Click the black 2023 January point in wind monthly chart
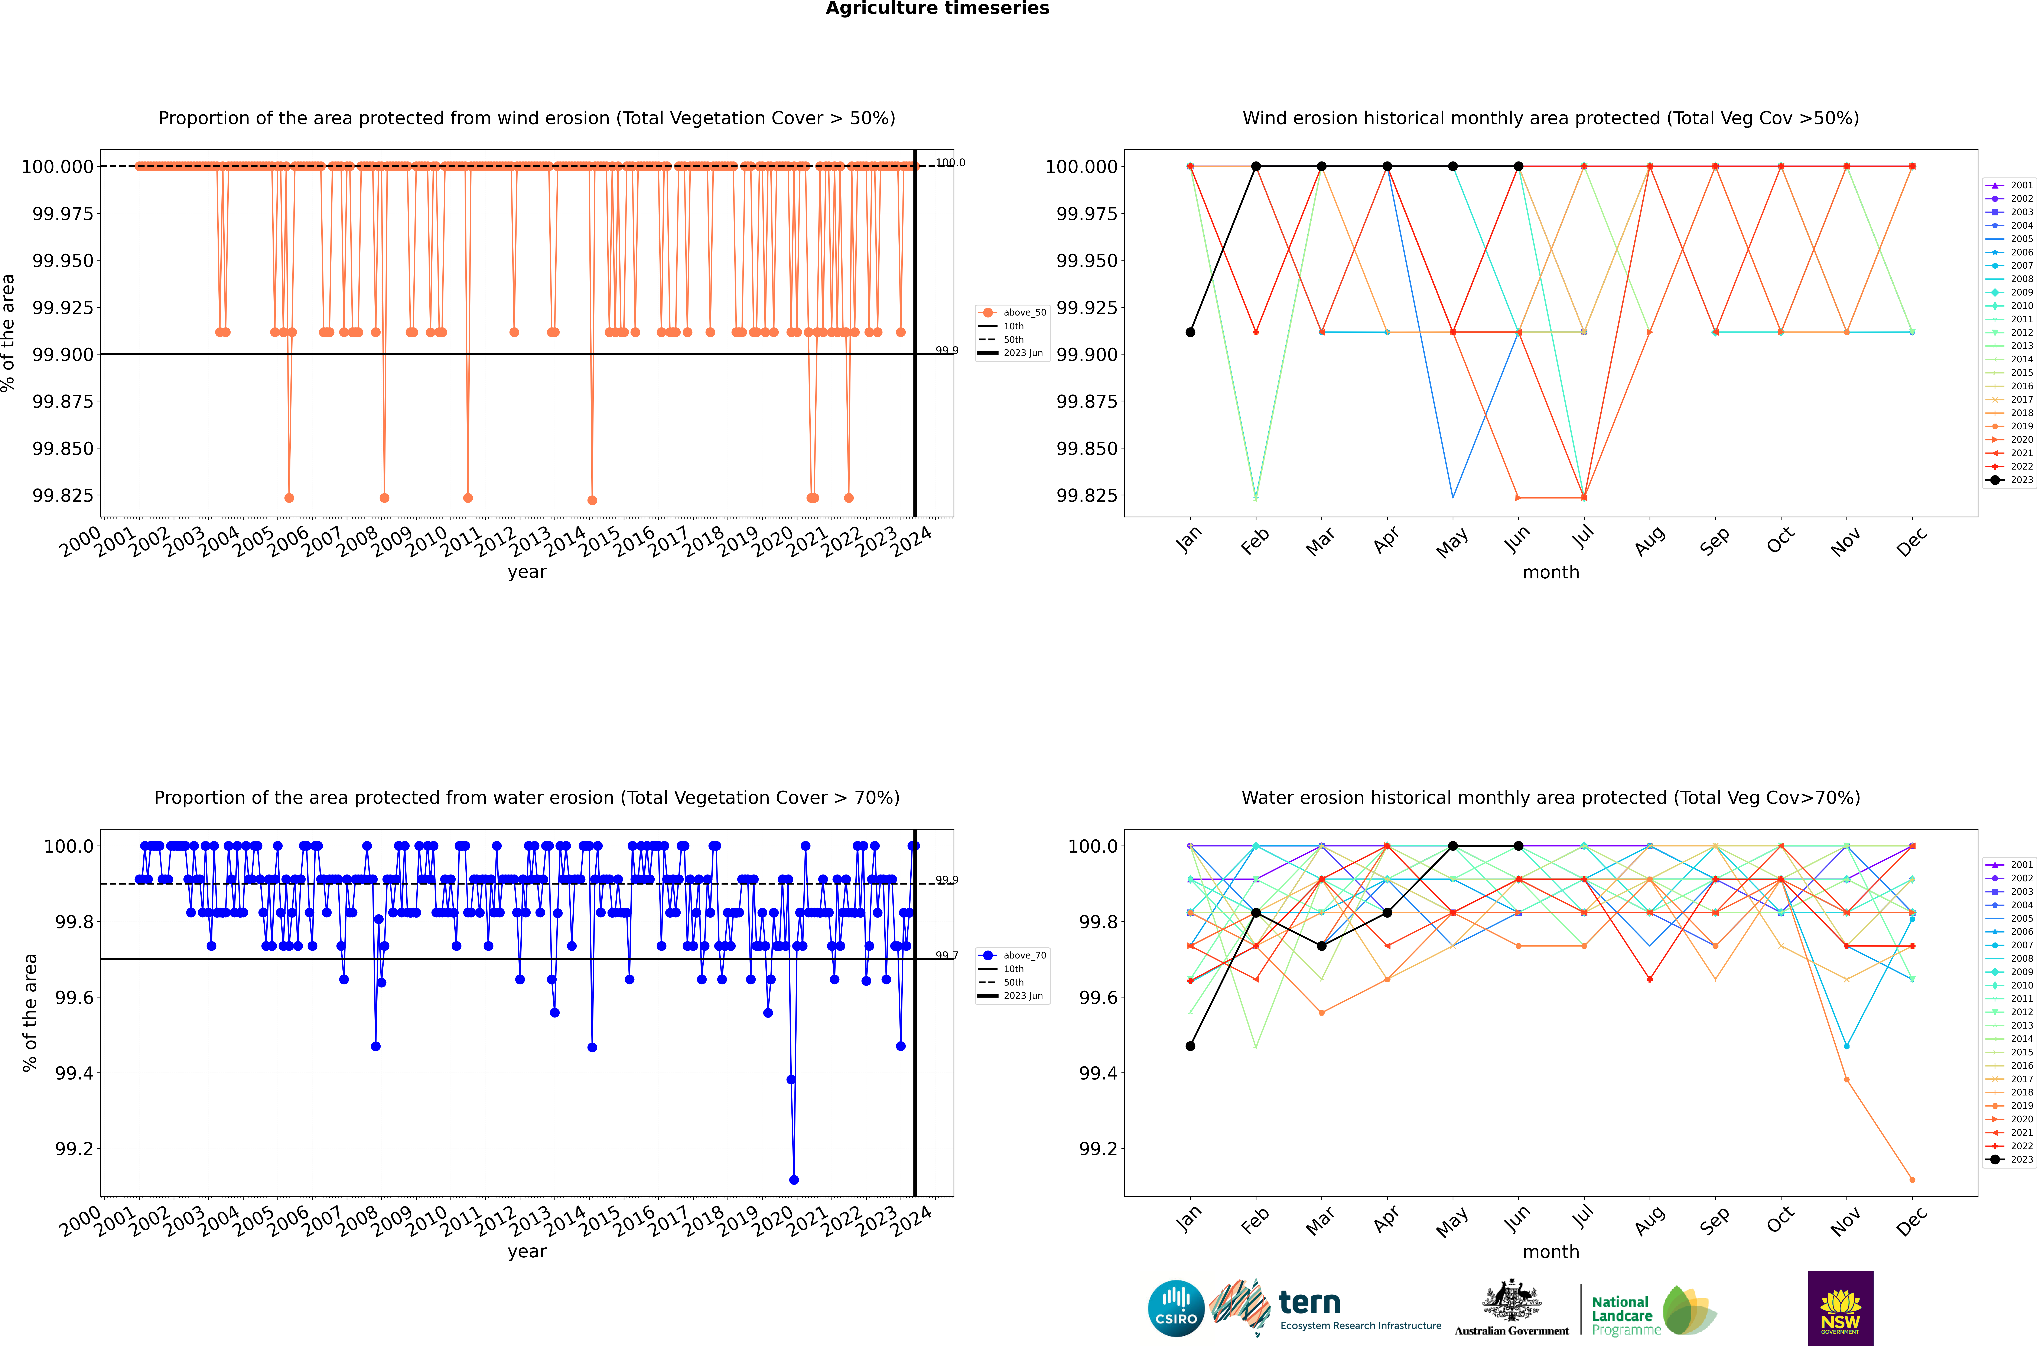click(1190, 332)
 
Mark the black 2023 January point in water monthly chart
click(1190, 1046)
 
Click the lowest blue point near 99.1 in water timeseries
click(794, 1180)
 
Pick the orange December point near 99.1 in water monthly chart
click(1912, 1180)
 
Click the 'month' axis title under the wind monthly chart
click(1550, 573)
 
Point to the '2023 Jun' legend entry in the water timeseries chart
click(1022, 996)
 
